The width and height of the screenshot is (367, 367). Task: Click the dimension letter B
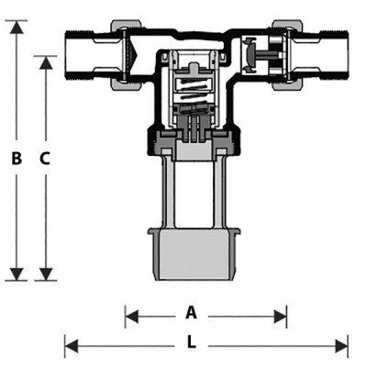coord(17,158)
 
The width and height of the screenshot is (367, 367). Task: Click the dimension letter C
coord(45,158)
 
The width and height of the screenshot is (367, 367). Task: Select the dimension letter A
coord(191,312)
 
